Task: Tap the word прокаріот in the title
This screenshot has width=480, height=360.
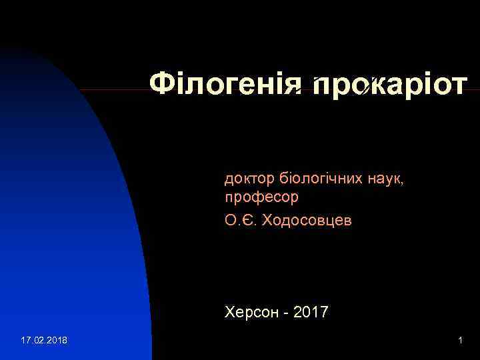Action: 389,85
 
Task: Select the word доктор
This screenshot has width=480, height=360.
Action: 249,178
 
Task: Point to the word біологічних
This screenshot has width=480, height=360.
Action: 321,178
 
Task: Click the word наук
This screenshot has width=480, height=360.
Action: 385,178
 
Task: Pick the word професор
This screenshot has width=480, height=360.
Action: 261,198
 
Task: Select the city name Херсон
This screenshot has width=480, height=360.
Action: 249,311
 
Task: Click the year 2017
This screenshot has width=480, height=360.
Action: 311,311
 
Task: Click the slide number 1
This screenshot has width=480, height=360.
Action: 460,341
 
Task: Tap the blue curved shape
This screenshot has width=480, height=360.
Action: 73,233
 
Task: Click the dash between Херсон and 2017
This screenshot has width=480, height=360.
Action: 283,312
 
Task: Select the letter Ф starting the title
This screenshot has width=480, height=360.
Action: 161,85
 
